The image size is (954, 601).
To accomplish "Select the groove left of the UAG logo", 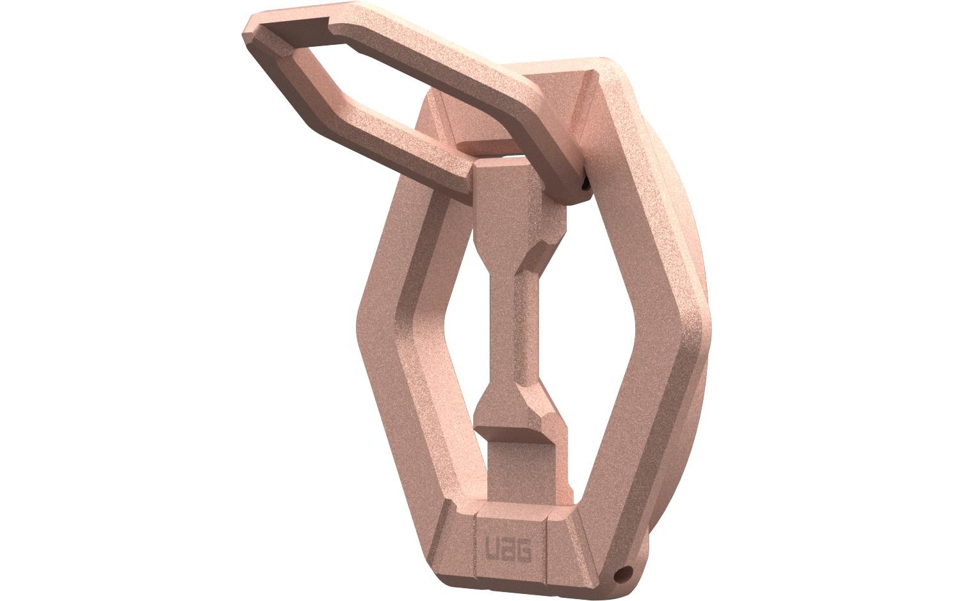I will point(476,548).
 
